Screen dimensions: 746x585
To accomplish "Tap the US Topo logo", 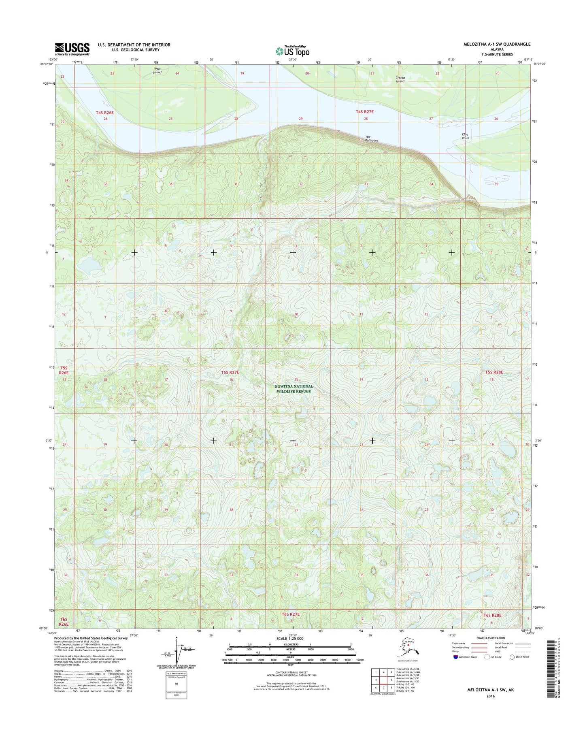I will [x=292, y=51].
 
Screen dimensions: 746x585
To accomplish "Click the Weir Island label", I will [x=157, y=70].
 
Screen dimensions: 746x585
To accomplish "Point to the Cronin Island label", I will [x=400, y=79].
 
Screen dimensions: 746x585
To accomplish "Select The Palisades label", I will [x=371, y=139].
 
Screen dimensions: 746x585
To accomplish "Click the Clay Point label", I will [x=466, y=136].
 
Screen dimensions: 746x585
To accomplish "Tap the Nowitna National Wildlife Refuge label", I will [x=294, y=388].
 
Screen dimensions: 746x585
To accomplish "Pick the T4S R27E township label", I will [x=364, y=111].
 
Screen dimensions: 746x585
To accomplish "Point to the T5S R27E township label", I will [x=230, y=372].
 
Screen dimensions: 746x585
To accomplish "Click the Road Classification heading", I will [x=491, y=638].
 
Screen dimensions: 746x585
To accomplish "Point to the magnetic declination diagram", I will [x=177, y=652].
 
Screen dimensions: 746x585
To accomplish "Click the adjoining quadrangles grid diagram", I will [x=383, y=680].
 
